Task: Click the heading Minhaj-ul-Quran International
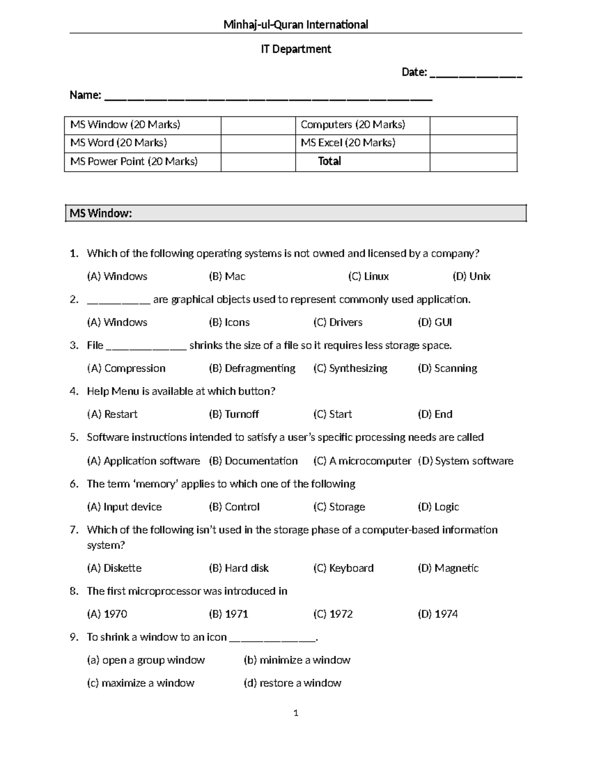296,25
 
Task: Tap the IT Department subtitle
296,49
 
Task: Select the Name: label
85,95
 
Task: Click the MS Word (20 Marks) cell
118,143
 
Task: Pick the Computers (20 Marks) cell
353,125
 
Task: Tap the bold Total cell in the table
329,161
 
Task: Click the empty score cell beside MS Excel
473,143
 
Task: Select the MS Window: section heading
101,214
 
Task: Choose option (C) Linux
368,277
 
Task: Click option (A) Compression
126,368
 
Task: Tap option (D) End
435,414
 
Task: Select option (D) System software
465,461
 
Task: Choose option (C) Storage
339,507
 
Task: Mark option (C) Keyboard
343,568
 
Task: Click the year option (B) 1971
228,614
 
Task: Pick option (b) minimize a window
297,660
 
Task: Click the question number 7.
74,530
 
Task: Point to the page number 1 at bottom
296,713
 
